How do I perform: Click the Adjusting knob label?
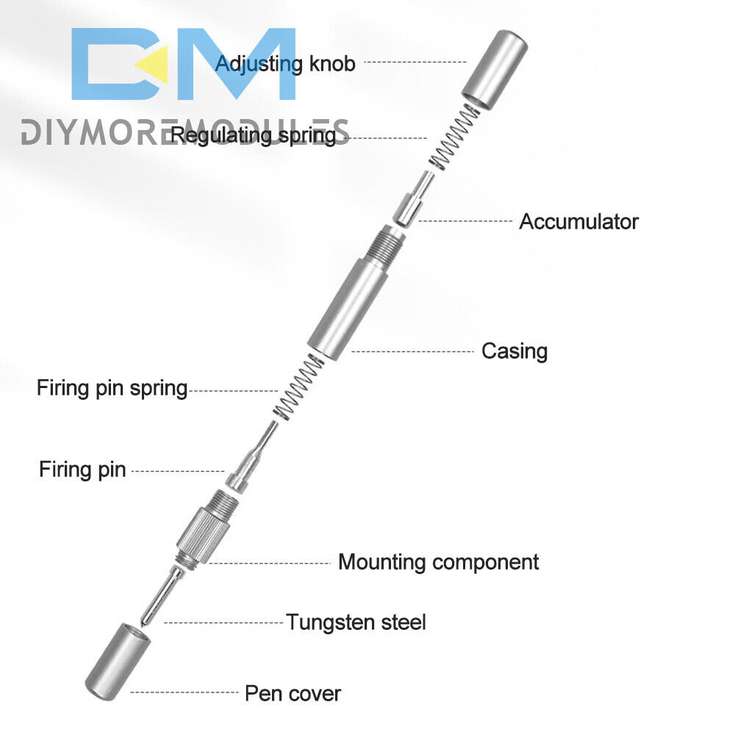coord(285,63)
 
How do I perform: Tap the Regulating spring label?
coord(253,135)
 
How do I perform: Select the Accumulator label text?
coord(578,221)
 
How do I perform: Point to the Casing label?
coord(514,351)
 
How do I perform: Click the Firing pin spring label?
coord(112,387)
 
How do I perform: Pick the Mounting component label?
coord(438,562)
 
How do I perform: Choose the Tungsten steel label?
coord(356,623)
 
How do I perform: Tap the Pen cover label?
coord(293,692)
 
